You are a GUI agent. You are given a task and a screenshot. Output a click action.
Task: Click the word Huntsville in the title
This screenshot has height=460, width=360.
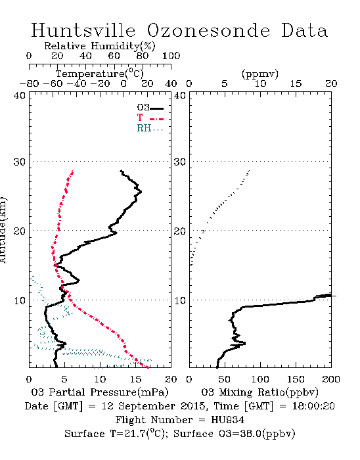(83, 30)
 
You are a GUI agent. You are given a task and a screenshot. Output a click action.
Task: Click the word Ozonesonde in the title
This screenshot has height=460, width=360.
(208, 30)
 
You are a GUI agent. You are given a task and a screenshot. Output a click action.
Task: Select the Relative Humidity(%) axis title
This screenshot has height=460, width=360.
(100, 46)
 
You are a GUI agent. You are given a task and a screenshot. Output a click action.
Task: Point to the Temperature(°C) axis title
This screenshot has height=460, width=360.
(100, 74)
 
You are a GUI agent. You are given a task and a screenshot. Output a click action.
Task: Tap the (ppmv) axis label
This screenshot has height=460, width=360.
(260, 74)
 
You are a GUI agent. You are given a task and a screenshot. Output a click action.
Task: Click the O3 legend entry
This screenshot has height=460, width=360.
(150, 108)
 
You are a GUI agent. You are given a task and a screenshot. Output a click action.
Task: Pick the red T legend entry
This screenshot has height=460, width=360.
(150, 118)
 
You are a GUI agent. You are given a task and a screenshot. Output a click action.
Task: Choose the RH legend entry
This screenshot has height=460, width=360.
(150, 128)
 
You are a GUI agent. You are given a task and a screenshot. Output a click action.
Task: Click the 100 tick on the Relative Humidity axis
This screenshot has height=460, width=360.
(171, 56)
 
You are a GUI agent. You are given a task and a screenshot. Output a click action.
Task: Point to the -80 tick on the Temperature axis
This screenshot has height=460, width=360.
(29, 83)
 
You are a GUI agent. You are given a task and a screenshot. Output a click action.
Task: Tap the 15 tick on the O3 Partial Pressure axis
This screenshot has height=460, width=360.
(135, 379)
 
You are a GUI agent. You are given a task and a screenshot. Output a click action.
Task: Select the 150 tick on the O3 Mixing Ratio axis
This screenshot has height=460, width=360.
(296, 379)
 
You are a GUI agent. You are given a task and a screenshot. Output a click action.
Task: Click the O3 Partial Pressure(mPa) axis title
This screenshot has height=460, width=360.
(100, 392)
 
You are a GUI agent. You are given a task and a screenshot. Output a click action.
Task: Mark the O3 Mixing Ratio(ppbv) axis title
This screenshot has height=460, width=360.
(259, 392)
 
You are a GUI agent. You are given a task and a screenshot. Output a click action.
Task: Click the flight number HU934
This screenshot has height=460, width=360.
(228, 420)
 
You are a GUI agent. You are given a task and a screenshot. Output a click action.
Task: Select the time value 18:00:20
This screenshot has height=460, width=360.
(313, 406)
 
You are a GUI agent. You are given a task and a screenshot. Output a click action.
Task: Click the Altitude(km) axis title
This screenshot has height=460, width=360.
(3, 230)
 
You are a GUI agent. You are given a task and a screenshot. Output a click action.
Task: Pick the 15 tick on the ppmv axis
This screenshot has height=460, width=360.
(296, 83)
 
